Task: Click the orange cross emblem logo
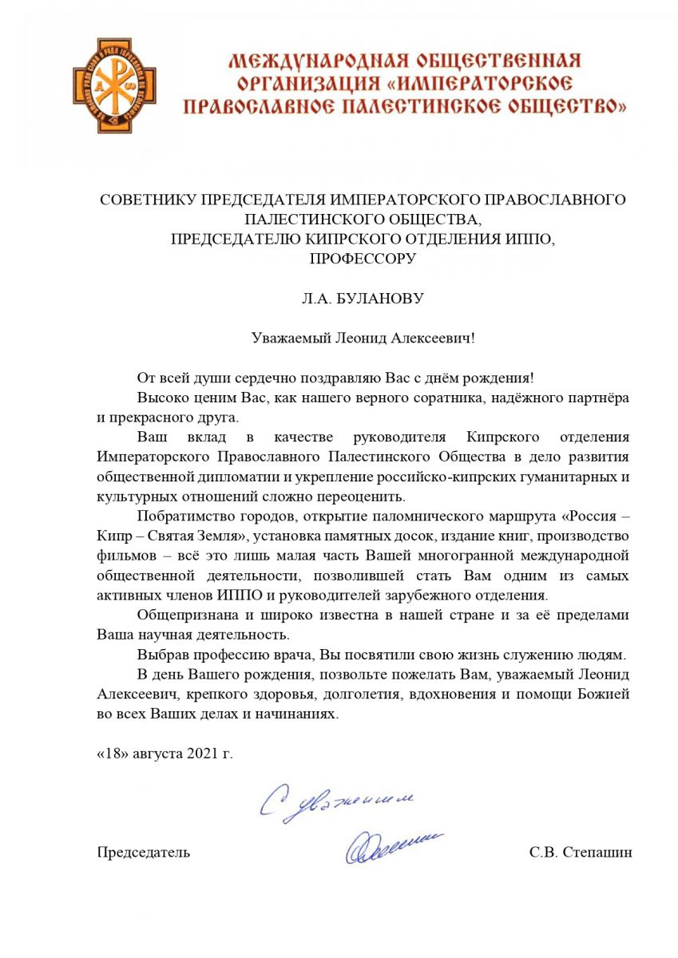[x=112, y=85]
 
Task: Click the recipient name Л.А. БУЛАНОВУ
[x=363, y=299]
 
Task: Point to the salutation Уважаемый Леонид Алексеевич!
[x=363, y=338]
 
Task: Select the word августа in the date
[x=158, y=753]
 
